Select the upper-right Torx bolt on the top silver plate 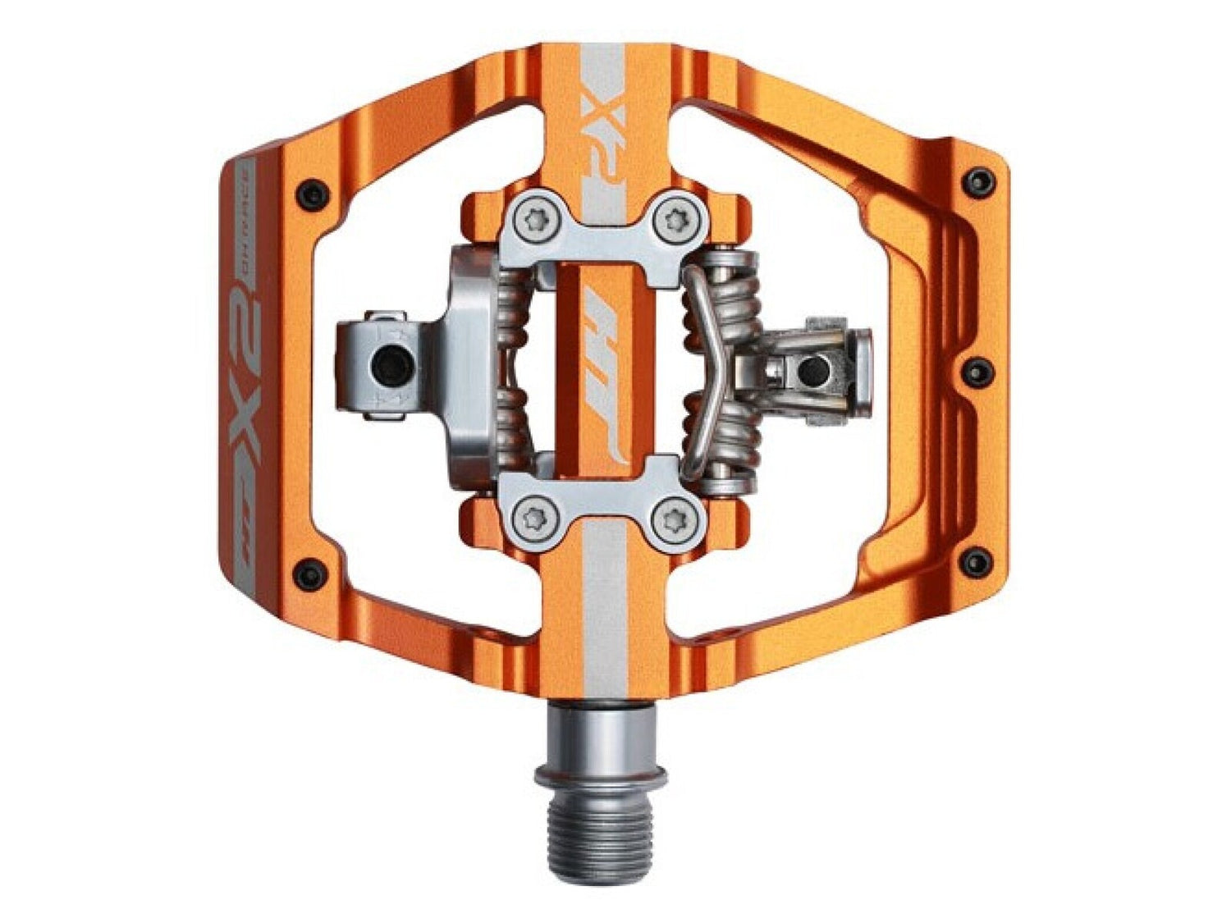675,219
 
